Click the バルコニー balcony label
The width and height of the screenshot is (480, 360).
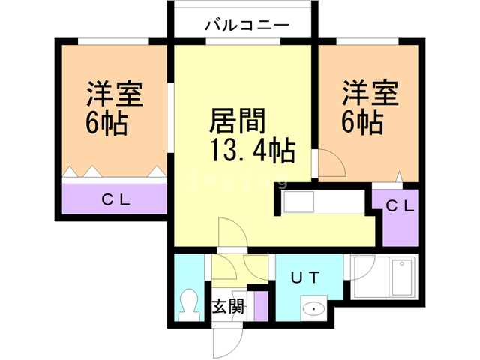pyautogui.click(x=247, y=25)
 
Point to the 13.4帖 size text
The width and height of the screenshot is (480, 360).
pyautogui.click(x=247, y=152)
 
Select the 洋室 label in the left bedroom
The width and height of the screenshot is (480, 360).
pyautogui.click(x=112, y=95)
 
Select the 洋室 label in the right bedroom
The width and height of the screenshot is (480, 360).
pyautogui.click(x=370, y=95)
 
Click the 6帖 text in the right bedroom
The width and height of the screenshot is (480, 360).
pyautogui.click(x=364, y=122)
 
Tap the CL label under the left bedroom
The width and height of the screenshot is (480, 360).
pyautogui.click(x=116, y=200)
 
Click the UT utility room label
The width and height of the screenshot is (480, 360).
pyautogui.click(x=307, y=278)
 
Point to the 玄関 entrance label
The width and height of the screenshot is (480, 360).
pyautogui.click(x=227, y=306)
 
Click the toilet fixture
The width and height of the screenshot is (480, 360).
pyautogui.click(x=187, y=304)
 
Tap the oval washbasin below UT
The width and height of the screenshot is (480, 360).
pyautogui.click(x=311, y=308)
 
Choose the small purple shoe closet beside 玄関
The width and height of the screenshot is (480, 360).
pyautogui.click(x=261, y=305)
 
